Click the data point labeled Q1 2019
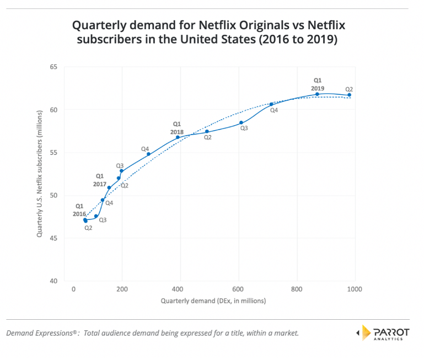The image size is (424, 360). pyautogui.click(x=317, y=94)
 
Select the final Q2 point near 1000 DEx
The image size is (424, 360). pyautogui.click(x=349, y=95)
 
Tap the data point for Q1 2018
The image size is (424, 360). pyautogui.click(x=178, y=137)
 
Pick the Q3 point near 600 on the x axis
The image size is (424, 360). pyautogui.click(x=241, y=122)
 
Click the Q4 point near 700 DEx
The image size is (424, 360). pyautogui.click(x=271, y=104)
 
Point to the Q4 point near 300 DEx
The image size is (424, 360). pyautogui.click(x=148, y=154)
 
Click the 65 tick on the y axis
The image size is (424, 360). pyautogui.click(x=53, y=67)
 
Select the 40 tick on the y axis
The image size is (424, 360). pyautogui.click(x=53, y=281)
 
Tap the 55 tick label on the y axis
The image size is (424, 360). pyautogui.click(x=53, y=153)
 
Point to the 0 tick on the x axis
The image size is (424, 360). pyautogui.click(x=73, y=289)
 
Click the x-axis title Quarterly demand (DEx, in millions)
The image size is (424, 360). pyautogui.click(x=213, y=301)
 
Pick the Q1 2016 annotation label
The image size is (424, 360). pyautogui.click(x=79, y=209)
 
